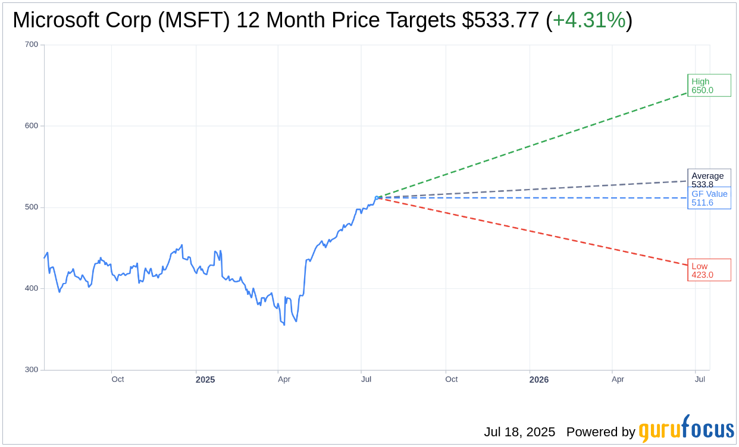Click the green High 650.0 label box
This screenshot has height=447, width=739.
(709, 86)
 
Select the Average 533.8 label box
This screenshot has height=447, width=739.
(709, 178)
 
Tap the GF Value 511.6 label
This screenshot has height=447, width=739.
(709, 198)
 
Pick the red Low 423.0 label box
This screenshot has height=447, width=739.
(709, 270)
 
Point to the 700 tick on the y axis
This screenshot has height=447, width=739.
(31, 45)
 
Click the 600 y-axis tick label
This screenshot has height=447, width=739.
(31, 126)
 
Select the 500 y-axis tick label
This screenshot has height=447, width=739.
(31, 207)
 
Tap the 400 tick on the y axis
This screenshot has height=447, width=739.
(31, 288)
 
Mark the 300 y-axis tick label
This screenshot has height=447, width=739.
(31, 370)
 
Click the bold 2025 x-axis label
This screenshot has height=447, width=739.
(205, 380)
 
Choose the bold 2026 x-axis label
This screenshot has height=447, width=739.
(539, 380)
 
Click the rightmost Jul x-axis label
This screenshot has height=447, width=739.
(700, 379)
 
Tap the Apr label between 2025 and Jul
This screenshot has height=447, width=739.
(284, 379)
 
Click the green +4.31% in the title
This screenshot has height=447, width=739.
(589, 20)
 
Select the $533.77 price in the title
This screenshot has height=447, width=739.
(500, 20)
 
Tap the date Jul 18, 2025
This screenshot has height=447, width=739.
(519, 432)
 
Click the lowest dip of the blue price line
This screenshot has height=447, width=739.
(284, 325)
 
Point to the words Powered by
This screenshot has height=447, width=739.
(600, 432)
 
